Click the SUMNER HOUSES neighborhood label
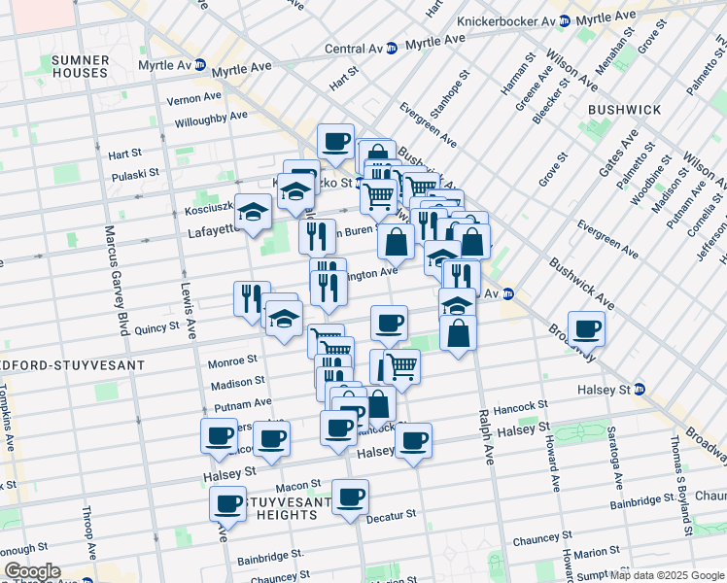[x=81, y=66]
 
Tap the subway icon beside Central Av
[x=391, y=48]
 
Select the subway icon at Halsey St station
[x=639, y=390]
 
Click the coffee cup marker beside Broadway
[x=586, y=329]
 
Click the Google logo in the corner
[x=32, y=571]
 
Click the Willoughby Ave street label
[x=211, y=120]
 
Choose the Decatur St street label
[x=391, y=516]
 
